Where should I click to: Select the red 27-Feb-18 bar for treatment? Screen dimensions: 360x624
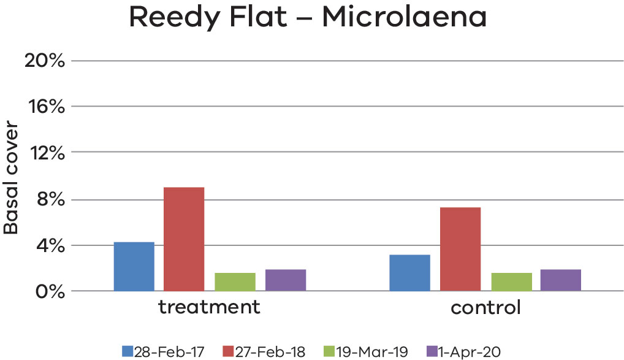point(183,239)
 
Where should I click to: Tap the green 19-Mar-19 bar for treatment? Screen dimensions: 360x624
point(235,281)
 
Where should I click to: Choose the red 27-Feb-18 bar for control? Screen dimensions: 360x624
point(460,249)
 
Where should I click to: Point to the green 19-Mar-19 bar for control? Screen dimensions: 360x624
point(511,281)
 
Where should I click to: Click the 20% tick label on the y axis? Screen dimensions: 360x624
point(44,61)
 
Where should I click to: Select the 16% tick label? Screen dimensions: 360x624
point(44,107)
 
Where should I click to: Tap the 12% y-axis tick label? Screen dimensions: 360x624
point(44,153)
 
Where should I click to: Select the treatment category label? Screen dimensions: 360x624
point(210,307)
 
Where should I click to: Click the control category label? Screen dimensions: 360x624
point(485,307)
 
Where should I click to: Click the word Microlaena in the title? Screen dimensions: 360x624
point(405,18)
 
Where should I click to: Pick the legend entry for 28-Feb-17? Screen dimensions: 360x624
point(162,351)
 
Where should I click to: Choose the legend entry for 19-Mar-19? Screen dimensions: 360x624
point(365,351)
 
